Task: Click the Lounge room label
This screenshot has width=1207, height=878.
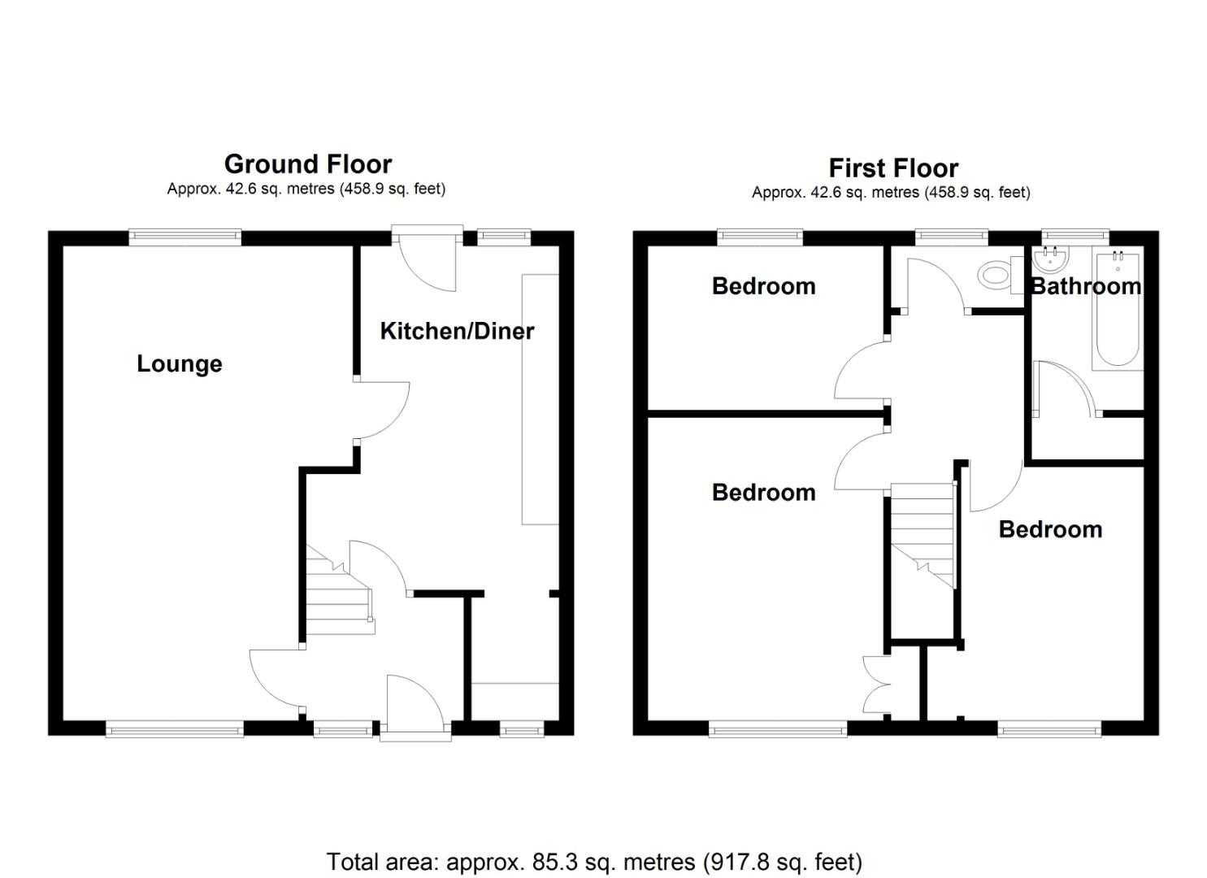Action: click(179, 363)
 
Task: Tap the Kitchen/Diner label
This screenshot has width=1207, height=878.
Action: click(457, 331)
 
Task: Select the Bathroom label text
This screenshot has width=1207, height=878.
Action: click(1086, 286)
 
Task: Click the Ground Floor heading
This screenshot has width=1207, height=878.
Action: click(308, 164)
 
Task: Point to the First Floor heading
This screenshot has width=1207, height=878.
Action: click(893, 168)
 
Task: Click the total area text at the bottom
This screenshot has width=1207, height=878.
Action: click(594, 861)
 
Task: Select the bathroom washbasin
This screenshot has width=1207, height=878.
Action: click(1051, 259)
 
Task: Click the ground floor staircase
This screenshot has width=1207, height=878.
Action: click(337, 593)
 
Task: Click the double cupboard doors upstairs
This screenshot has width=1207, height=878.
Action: click(878, 687)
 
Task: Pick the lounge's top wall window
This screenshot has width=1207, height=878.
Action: click(185, 237)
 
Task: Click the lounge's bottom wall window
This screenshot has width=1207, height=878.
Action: click(175, 730)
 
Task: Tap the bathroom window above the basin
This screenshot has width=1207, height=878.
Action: click(1075, 236)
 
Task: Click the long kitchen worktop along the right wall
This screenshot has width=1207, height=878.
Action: click(540, 398)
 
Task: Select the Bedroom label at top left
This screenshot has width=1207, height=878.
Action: click(763, 286)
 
